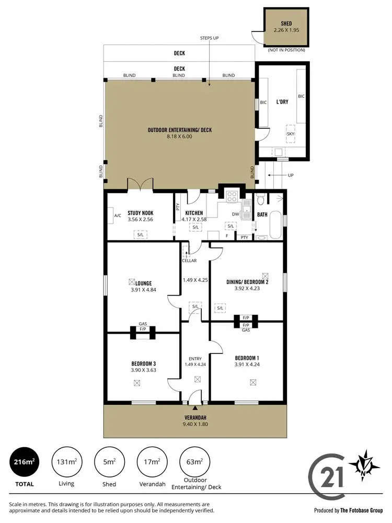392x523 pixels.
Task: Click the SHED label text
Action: pyautogui.click(x=286, y=24)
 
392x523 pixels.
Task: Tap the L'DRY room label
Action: pyautogui.click(x=283, y=102)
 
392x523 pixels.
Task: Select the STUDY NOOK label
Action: pyautogui.click(x=140, y=213)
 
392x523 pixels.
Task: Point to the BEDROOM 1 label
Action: pyautogui.click(x=248, y=358)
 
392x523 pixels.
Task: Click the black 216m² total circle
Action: pyautogui.click(x=25, y=462)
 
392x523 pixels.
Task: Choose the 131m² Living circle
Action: pyautogui.click(x=67, y=462)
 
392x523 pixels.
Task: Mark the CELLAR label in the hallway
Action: pyautogui.click(x=189, y=260)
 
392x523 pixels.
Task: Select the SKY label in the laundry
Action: pyautogui.click(x=291, y=134)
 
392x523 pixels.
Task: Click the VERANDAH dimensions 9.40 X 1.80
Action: pyautogui.click(x=195, y=424)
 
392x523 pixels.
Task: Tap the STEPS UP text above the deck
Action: pyautogui.click(x=209, y=39)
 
